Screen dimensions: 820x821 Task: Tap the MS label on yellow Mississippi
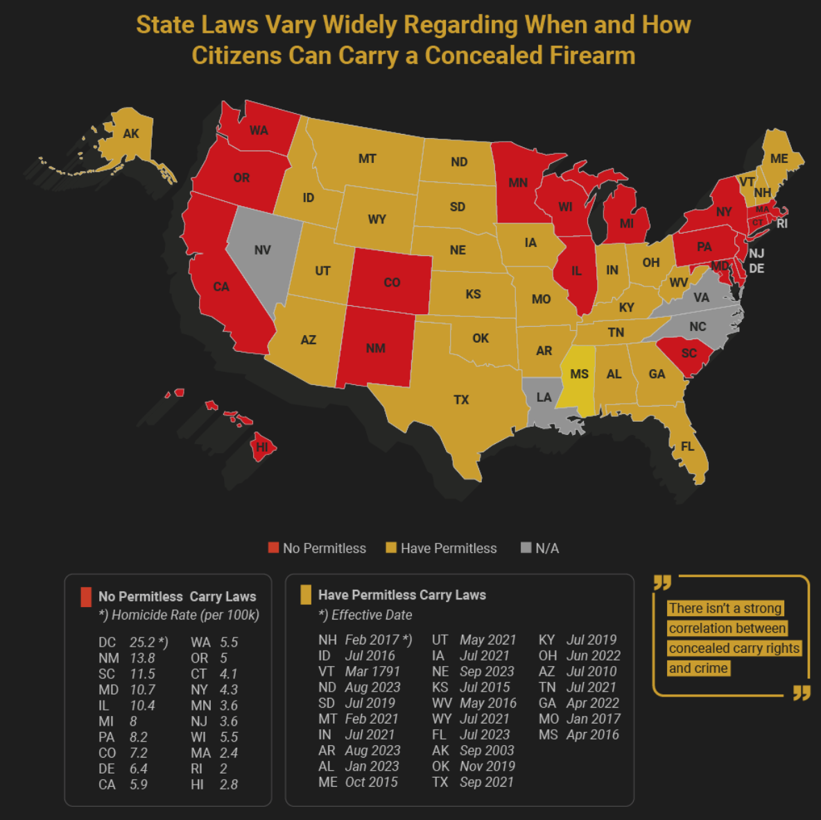579,375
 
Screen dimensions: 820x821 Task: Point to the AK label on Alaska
131,134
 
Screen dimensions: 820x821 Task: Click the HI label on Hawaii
261,447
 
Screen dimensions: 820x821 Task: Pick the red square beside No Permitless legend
273,548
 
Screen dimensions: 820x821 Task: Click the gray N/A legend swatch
526,548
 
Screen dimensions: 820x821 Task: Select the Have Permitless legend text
449,548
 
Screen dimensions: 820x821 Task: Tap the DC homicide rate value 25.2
142,642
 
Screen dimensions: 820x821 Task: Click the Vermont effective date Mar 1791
372,672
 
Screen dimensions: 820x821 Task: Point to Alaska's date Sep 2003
487,751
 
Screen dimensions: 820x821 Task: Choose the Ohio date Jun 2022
593,656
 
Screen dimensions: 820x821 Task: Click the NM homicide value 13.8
142,658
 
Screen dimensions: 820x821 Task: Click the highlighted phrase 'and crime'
698,668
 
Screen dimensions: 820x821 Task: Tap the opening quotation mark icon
662,582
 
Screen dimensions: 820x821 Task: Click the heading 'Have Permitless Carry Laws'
401,595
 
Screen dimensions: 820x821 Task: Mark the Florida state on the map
689,444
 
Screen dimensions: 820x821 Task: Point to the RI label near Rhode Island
782,223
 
